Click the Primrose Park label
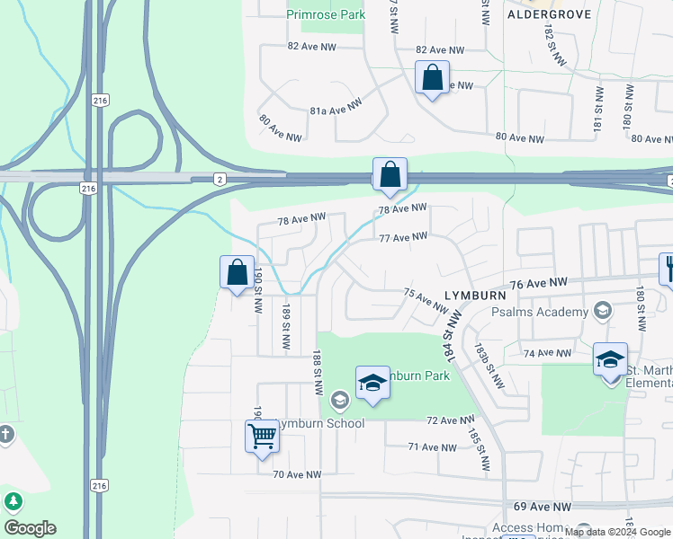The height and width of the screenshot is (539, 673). [325, 14]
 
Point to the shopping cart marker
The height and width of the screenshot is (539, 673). [263, 437]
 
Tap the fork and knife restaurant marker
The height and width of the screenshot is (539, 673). [668, 268]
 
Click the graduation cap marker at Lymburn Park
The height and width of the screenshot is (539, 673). [372, 384]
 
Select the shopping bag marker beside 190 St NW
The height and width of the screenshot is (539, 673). [236, 272]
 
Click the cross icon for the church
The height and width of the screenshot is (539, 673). [6, 435]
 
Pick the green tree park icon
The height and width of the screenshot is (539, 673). [13, 501]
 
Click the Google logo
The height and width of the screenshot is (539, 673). [30, 528]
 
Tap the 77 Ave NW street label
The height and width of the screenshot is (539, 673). [402, 238]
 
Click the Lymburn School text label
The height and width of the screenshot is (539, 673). [320, 423]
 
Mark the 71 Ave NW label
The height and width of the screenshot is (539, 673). [432, 446]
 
